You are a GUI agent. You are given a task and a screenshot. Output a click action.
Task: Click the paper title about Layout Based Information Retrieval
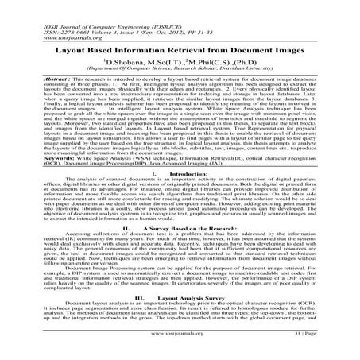pos(180,48)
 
